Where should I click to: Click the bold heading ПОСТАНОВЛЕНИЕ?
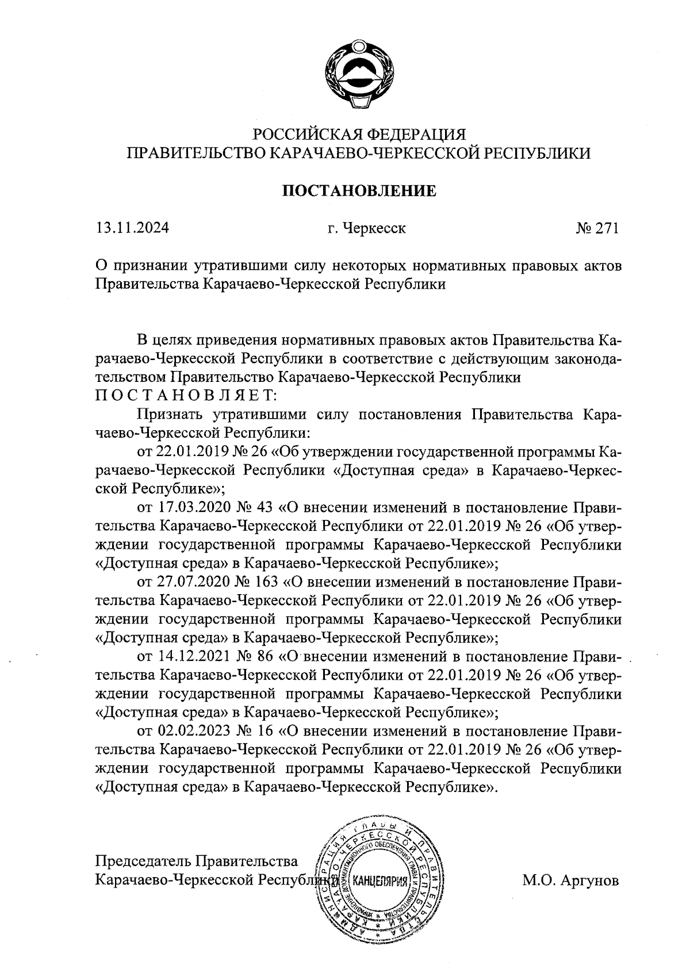click(359, 190)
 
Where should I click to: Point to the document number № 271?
click(597, 228)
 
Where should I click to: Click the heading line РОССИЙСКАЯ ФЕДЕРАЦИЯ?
click(359, 135)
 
